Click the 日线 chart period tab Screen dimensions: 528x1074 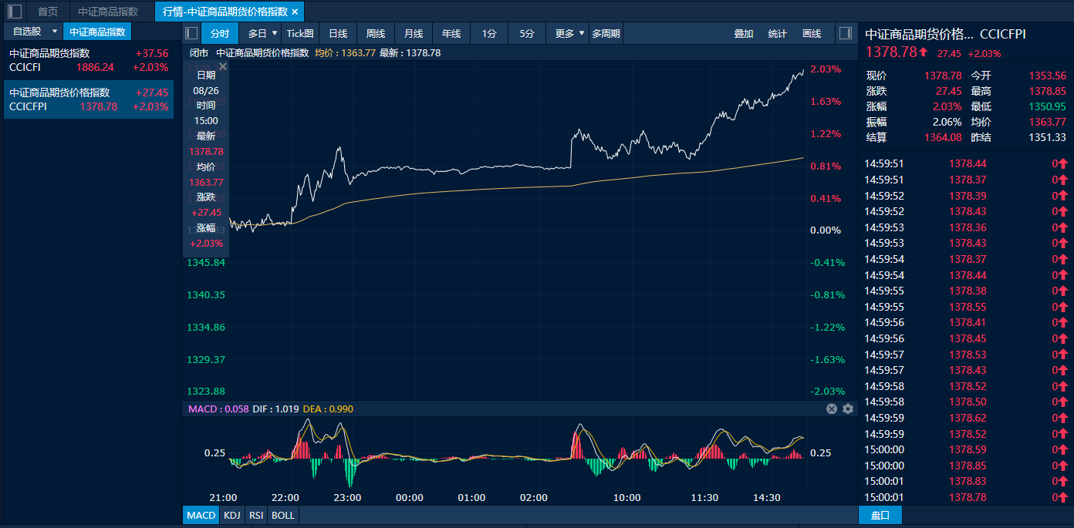pyautogui.click(x=338, y=33)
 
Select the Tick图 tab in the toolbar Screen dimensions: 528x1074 pyautogui.click(x=300, y=33)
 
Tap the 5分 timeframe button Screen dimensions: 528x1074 pyautogui.click(x=526, y=33)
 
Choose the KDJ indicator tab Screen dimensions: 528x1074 pyautogui.click(x=231, y=515)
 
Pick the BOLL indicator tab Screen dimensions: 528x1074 pyautogui.click(x=283, y=515)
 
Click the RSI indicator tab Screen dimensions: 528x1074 pyautogui.click(x=255, y=515)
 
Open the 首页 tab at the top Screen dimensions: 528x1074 pyautogui.click(x=48, y=12)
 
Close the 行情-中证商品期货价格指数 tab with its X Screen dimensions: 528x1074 pyautogui.click(x=295, y=12)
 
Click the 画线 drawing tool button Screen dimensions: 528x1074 pyautogui.click(x=812, y=33)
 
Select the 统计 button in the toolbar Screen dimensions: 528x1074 pyautogui.click(x=778, y=33)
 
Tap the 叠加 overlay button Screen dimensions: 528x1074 pyautogui.click(x=744, y=33)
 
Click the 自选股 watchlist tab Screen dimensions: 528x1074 pyautogui.click(x=27, y=32)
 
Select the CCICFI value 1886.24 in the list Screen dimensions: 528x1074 pyautogui.click(x=95, y=67)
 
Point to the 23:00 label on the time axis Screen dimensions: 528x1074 pyautogui.click(x=348, y=497)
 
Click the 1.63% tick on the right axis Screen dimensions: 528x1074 pyautogui.click(x=825, y=102)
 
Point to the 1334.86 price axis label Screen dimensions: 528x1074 pyautogui.click(x=206, y=328)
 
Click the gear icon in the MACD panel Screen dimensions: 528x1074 pyautogui.click(x=848, y=409)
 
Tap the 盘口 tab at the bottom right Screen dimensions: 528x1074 pyautogui.click(x=880, y=515)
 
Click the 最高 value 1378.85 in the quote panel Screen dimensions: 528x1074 pyautogui.click(x=1047, y=91)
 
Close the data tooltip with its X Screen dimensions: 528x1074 pyautogui.click(x=223, y=67)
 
